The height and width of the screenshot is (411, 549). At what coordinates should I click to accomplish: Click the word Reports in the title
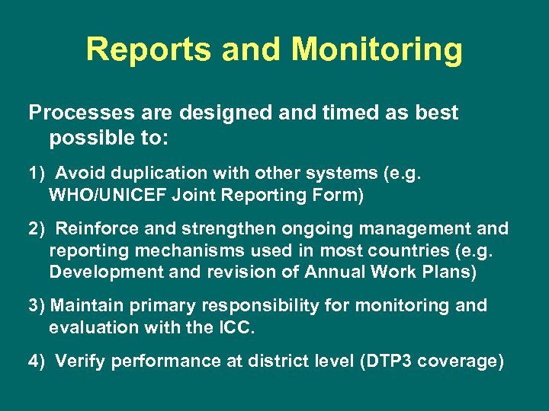pos(149,50)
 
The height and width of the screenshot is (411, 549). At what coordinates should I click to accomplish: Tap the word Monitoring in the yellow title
pos(378,50)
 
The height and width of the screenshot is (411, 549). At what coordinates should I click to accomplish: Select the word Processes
pos(78,113)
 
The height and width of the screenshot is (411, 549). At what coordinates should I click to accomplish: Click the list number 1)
pos(37,173)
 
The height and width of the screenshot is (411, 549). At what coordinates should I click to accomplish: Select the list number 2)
pos(37,228)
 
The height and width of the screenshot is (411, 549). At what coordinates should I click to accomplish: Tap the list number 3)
pos(37,306)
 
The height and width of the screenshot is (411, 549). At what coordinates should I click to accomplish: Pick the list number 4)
pos(37,362)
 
